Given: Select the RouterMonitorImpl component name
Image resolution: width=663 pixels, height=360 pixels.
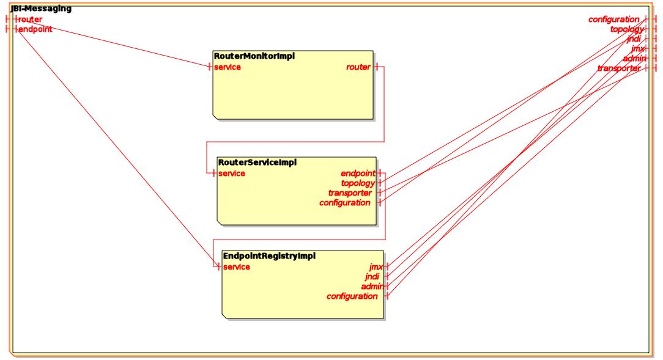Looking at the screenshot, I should [254, 56].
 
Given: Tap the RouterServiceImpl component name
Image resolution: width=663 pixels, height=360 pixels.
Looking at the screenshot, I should [257, 163].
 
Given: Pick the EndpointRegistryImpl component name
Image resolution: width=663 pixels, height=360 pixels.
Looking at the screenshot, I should [269, 256].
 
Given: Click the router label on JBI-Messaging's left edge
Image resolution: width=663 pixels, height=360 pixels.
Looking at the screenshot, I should [31, 20].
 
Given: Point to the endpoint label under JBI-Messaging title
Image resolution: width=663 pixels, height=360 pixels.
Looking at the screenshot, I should [35, 29].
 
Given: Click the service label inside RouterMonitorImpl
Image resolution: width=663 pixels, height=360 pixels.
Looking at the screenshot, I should [227, 67].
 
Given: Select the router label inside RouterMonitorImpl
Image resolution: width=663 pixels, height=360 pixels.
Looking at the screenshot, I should [358, 67].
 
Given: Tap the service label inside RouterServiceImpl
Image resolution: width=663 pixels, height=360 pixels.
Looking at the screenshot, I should [232, 174].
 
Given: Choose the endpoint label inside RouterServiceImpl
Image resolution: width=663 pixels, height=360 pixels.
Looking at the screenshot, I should [358, 174].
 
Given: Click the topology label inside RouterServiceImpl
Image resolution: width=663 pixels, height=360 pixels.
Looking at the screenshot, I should [358, 183].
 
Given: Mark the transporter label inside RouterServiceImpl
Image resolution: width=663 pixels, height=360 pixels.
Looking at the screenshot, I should [350, 193].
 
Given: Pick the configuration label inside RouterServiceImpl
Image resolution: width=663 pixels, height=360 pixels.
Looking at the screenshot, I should [345, 202].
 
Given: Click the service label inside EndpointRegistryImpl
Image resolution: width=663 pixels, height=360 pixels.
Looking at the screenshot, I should [237, 267].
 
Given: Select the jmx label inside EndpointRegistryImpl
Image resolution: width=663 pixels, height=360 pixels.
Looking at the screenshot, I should [376, 267].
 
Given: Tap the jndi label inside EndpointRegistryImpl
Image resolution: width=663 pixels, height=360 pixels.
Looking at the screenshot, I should [372, 277].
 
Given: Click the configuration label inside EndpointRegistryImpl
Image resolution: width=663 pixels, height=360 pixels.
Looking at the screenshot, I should [352, 296].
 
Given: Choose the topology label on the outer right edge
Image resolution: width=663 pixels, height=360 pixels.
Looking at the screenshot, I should [626, 29].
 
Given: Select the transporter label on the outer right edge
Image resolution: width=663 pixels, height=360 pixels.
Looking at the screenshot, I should [619, 68].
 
